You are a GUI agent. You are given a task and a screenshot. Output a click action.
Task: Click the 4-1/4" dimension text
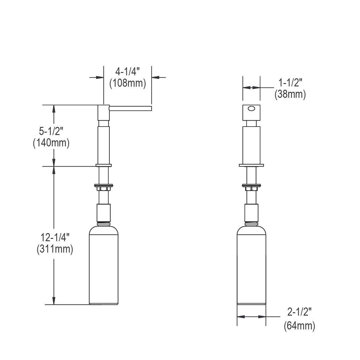[x=128, y=72]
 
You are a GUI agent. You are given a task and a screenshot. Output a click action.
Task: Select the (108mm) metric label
[x=127, y=83]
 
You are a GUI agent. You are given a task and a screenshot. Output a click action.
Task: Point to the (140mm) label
[x=51, y=143]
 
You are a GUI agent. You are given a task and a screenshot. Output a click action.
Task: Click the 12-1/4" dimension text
[x=55, y=238]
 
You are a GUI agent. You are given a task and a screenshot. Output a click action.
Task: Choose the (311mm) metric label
[x=55, y=249]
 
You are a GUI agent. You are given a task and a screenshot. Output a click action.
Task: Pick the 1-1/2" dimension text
[x=290, y=82]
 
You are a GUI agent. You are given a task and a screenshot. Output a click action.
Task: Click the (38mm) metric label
[x=290, y=94]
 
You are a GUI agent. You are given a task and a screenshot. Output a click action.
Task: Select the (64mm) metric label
[x=299, y=326]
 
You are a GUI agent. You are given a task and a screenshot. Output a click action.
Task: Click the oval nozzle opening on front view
[x=251, y=109]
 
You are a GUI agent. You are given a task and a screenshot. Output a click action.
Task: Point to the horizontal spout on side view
[x=131, y=108]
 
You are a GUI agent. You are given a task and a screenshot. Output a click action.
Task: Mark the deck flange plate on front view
[x=251, y=165]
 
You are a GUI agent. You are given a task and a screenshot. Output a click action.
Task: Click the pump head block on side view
[x=103, y=112]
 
